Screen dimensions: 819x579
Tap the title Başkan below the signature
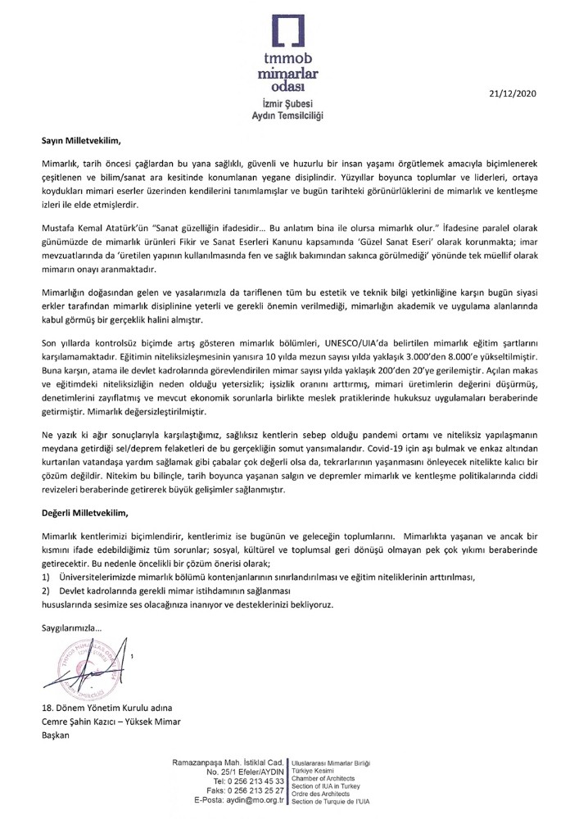(57, 735)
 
